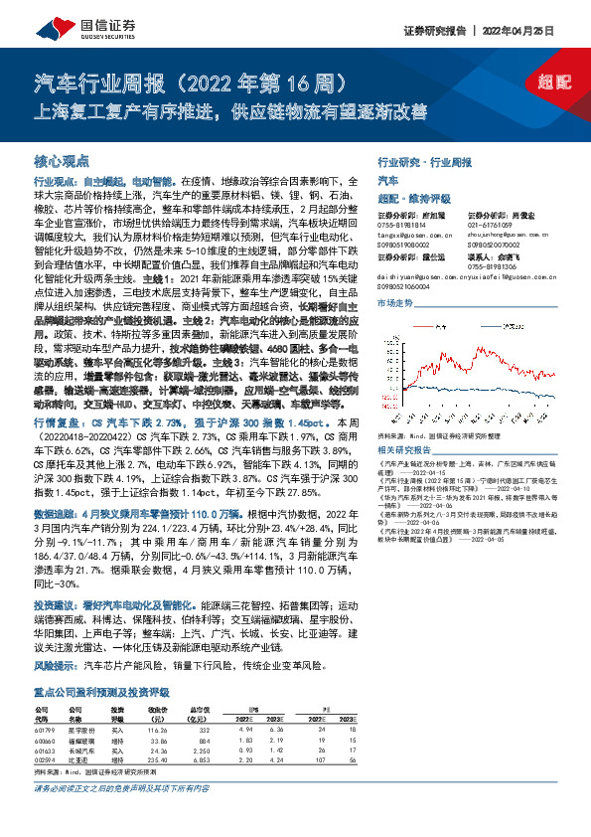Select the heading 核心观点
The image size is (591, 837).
tap(62, 160)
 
